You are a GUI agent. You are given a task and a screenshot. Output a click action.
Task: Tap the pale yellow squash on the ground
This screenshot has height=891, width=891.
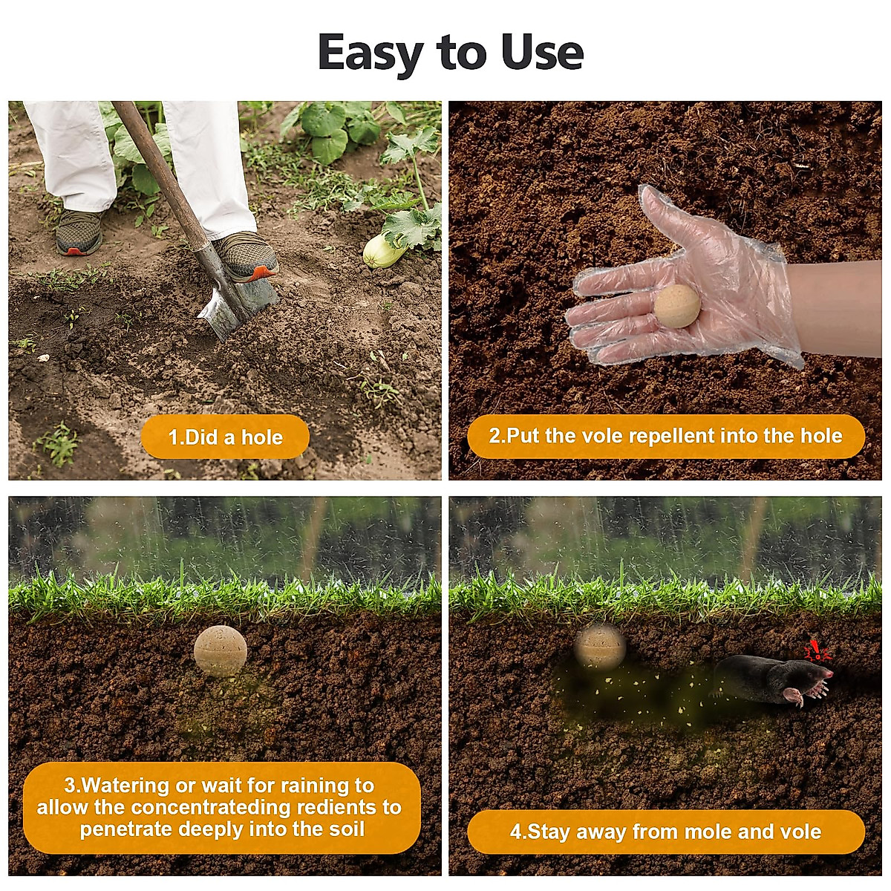pyautogui.click(x=383, y=252)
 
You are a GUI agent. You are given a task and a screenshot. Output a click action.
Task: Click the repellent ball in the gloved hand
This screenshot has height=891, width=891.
pyautogui.click(x=676, y=306)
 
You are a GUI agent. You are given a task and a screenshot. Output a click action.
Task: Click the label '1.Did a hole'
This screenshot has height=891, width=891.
pyautogui.click(x=225, y=437)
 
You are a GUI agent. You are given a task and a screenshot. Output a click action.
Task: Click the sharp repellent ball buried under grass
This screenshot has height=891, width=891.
pyautogui.click(x=220, y=650)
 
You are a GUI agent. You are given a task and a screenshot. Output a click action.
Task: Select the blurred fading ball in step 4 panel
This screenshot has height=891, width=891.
pyautogui.click(x=600, y=644)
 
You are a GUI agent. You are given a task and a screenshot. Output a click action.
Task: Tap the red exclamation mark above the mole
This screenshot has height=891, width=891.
pyautogui.click(x=817, y=651)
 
